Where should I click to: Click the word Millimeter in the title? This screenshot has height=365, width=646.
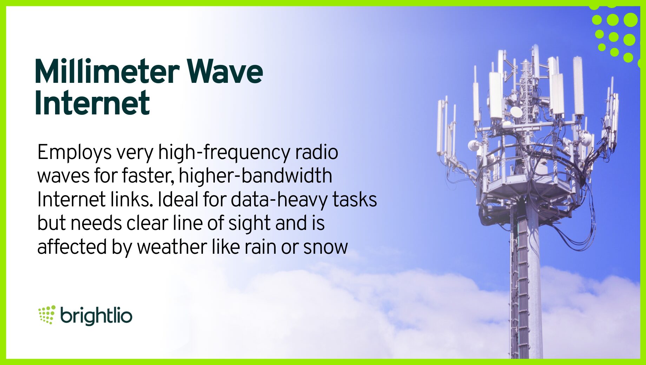(x=107, y=71)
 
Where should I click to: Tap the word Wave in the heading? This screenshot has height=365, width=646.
(x=225, y=71)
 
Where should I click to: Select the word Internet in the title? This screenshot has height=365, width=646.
(x=92, y=103)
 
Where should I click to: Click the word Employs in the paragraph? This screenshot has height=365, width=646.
(x=74, y=153)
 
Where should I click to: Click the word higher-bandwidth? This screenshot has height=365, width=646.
(x=256, y=176)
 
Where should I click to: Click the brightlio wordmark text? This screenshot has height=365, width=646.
(x=96, y=316)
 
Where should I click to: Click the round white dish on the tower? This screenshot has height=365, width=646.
(x=516, y=112)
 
